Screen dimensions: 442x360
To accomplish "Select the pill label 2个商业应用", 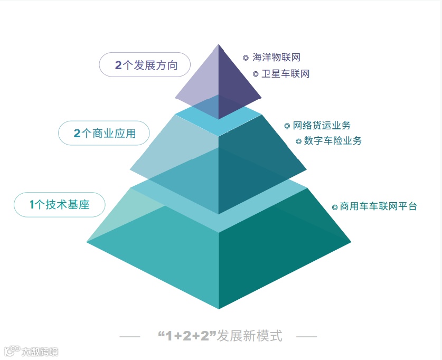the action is coord(104,134).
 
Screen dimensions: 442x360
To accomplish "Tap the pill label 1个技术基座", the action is coord(59,204).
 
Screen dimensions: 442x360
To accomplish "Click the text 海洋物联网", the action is coord(276,58).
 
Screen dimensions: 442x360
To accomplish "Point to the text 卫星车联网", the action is coord(285,74).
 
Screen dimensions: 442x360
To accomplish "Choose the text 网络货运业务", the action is coord(321,126).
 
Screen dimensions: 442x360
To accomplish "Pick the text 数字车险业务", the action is coord(333,141).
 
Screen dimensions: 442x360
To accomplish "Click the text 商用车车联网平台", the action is coord(378,206).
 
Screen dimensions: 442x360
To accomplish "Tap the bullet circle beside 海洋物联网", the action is coord(246,58).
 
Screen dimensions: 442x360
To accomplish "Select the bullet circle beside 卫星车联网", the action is coord(256,74).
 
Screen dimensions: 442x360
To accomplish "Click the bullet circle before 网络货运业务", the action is coord(287,126).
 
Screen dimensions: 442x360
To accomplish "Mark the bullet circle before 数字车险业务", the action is coord(298,141).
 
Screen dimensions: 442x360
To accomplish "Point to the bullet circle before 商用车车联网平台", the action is coord(335,207).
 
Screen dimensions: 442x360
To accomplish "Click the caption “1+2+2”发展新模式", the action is coord(220,336).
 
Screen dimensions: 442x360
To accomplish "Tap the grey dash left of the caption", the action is coord(130,336).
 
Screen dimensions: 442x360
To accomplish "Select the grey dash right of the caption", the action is coord(306,336).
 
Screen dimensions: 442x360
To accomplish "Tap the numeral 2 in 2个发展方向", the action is coord(118,65).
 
